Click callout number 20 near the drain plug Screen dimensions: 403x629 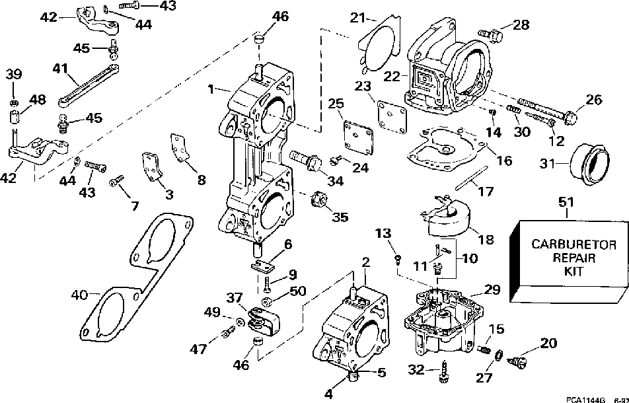click(548, 343)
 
